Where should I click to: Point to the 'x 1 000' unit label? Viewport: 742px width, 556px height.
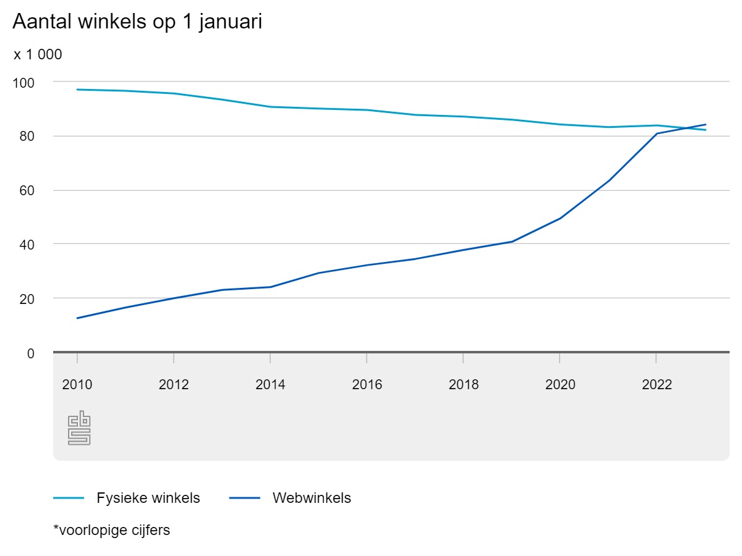tap(38, 54)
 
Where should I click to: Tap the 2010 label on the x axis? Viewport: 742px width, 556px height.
tap(77, 384)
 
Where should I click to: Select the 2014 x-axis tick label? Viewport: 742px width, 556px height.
tap(270, 384)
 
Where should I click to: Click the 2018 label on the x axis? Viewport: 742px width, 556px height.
tap(464, 384)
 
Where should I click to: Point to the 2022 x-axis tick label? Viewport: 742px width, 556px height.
tap(657, 384)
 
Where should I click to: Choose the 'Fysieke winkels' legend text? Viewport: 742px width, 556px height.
tap(148, 498)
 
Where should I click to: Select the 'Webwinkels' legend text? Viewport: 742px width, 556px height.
tap(312, 498)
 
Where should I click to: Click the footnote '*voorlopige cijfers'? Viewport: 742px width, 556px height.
tap(112, 530)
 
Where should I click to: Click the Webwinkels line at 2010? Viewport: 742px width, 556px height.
tap(77, 318)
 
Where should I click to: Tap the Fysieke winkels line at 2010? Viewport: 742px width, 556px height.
tap(77, 90)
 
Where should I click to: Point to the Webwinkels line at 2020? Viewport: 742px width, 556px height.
tap(560, 218)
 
